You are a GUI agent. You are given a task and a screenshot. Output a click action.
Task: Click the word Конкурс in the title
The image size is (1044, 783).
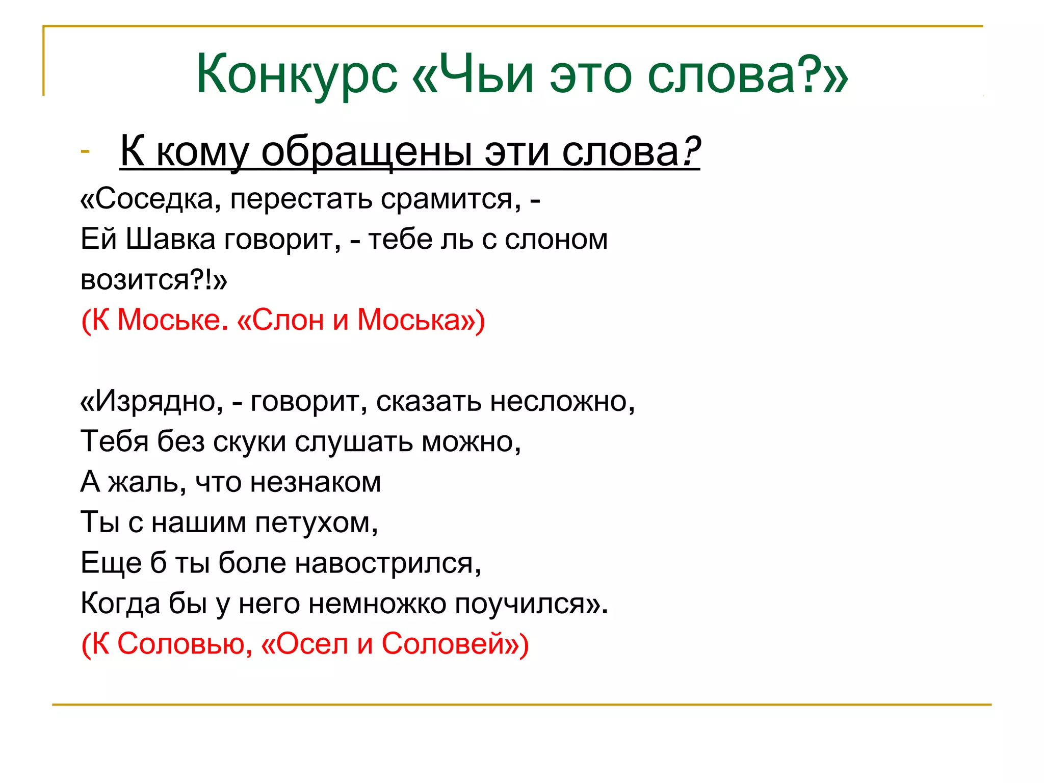pos(297,75)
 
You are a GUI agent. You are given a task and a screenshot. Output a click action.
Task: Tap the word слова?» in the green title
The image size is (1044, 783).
pos(747,75)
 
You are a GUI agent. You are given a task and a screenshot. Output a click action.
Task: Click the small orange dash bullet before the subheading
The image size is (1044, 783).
pos(85,151)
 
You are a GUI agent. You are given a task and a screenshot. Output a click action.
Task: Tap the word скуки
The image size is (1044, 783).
pos(250,441)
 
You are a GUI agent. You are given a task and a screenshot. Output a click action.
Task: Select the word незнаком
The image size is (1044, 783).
pos(316,482)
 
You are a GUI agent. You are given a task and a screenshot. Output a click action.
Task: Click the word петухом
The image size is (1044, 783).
pos(317,522)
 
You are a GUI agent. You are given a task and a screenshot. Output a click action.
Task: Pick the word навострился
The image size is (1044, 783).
pos(388,563)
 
